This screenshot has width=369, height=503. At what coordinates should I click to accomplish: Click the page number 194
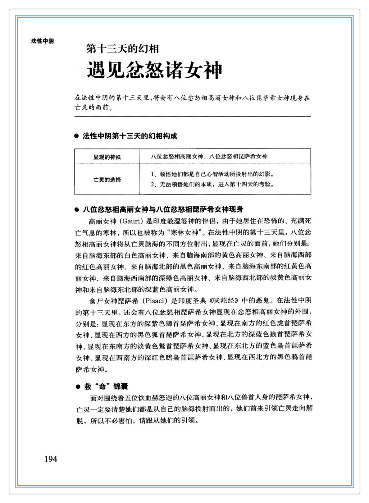[x=51, y=459]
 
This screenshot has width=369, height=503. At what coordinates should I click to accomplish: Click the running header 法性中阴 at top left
[x=42, y=41]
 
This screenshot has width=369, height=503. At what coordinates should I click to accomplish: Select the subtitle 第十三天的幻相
[x=122, y=49]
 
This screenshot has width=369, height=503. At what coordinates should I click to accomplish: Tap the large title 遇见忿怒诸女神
[x=154, y=70]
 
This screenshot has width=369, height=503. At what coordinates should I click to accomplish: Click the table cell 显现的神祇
[x=107, y=157]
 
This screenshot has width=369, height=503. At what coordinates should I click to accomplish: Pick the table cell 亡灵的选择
[x=107, y=180]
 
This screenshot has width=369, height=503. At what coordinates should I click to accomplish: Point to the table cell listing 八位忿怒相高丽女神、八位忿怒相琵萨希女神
[x=209, y=157]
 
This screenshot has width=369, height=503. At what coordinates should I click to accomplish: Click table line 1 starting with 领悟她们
[x=212, y=174]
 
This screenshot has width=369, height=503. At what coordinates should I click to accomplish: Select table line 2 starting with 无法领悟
[x=212, y=185]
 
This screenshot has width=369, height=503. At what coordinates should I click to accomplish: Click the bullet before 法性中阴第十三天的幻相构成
[x=76, y=136]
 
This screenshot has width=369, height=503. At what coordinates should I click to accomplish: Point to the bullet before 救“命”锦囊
[x=78, y=387]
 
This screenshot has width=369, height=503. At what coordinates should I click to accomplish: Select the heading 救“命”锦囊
[x=106, y=387]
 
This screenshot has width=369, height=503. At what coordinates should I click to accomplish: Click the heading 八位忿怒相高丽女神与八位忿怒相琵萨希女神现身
[x=163, y=209]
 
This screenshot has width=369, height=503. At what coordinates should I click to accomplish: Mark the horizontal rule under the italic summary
[x=193, y=117]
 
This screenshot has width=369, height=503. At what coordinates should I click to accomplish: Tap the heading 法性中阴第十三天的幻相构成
[x=130, y=136]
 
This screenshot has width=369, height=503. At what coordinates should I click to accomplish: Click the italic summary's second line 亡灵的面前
[x=93, y=108]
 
